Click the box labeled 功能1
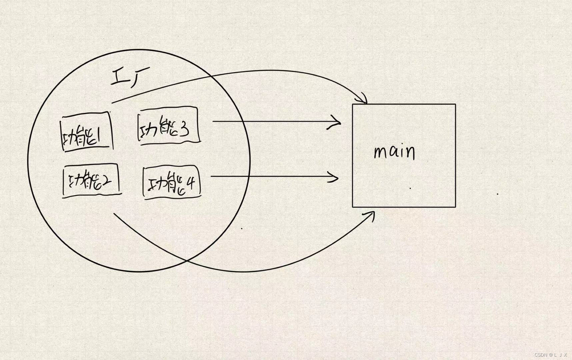pos(86,132)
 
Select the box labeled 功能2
pos(91,181)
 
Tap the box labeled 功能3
pos(168,125)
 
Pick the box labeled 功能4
pos(172,183)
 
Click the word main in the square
pos(395,152)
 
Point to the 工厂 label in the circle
pos(130,77)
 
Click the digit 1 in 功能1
pos(99,136)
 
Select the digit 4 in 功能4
pos(191,183)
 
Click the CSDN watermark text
pos(550,355)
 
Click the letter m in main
pos(380,153)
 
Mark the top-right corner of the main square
pos(455,104)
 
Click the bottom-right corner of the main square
pos(455,207)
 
